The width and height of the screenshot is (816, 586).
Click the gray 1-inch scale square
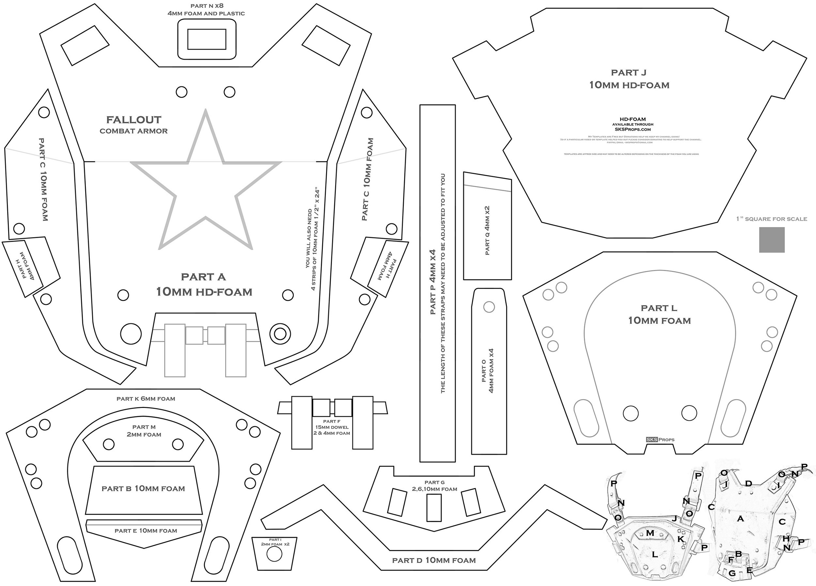[772, 240]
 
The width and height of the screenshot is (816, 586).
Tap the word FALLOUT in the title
[134, 120]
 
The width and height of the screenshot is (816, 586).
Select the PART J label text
[629, 73]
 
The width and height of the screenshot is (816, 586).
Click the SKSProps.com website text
[633, 129]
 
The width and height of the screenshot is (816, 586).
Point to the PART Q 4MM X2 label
[488, 231]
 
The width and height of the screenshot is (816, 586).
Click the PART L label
[659, 308]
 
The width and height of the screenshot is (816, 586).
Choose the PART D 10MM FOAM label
[434, 560]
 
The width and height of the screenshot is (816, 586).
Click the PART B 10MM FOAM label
[143, 488]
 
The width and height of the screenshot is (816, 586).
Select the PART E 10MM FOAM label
[146, 531]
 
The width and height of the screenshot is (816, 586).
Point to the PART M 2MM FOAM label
[144, 431]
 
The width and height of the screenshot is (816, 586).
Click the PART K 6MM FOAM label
[146, 399]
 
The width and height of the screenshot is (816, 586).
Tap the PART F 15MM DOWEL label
[331, 427]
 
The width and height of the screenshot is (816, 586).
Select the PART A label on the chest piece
[203, 277]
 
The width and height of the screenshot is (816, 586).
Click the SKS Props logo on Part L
[660, 440]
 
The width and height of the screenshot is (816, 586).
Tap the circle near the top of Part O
[489, 307]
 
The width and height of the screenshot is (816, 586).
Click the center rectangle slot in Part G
[434, 507]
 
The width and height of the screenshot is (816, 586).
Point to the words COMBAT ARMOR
[133, 131]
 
